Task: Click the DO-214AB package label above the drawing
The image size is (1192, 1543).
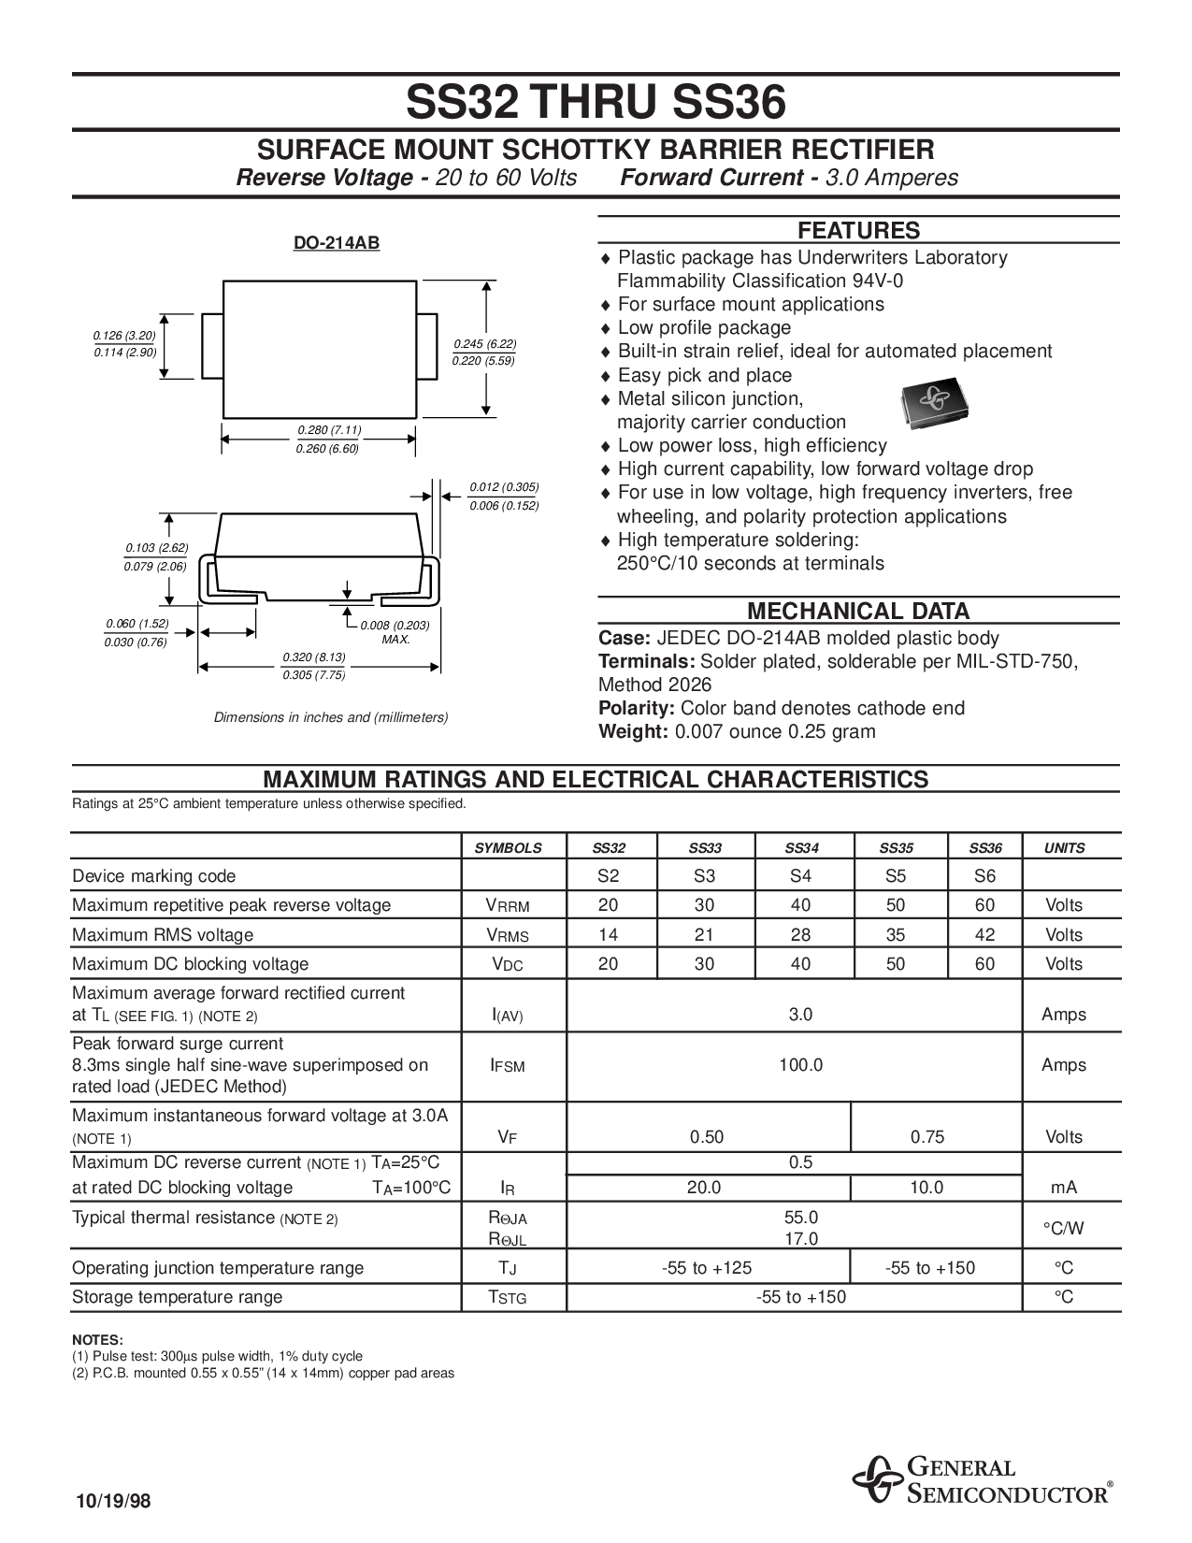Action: click(x=337, y=243)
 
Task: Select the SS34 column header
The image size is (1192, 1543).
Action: click(x=801, y=848)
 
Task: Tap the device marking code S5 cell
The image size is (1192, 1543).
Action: click(x=895, y=876)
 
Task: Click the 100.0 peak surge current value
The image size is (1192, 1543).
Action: click(x=801, y=1065)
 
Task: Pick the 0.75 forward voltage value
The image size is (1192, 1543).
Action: click(x=927, y=1137)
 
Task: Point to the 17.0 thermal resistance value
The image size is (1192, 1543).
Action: click(x=801, y=1239)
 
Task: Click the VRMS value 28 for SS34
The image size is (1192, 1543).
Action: click(x=801, y=934)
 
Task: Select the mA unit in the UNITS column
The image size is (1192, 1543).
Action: click(x=1064, y=1188)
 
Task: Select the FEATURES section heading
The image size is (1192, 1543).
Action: click(x=858, y=231)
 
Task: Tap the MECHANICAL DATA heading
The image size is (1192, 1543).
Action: click(x=858, y=612)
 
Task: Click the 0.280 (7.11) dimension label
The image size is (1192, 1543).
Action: click(x=329, y=430)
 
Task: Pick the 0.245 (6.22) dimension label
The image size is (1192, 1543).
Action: click(x=484, y=343)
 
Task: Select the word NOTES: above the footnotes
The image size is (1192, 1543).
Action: click(x=97, y=1340)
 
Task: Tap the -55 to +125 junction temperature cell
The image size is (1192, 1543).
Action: click(x=706, y=1268)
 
